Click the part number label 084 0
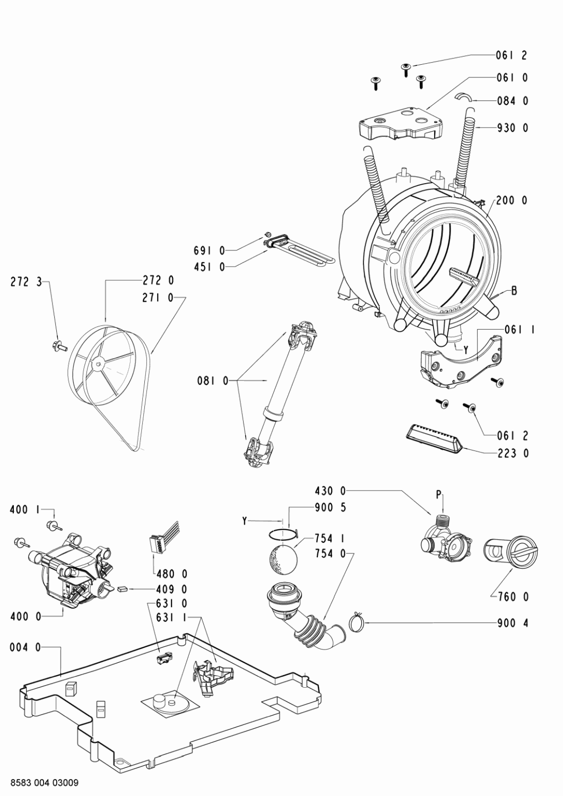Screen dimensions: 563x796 (512, 101)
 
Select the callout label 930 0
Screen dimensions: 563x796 (512, 127)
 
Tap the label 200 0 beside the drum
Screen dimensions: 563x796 (512, 201)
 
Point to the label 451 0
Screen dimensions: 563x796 (210, 267)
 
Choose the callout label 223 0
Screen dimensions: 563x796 (513, 453)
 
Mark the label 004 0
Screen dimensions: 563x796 (25, 647)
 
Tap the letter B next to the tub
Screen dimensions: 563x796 (514, 291)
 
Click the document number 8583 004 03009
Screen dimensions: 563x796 (45, 783)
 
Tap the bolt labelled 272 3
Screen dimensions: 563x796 (59, 345)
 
